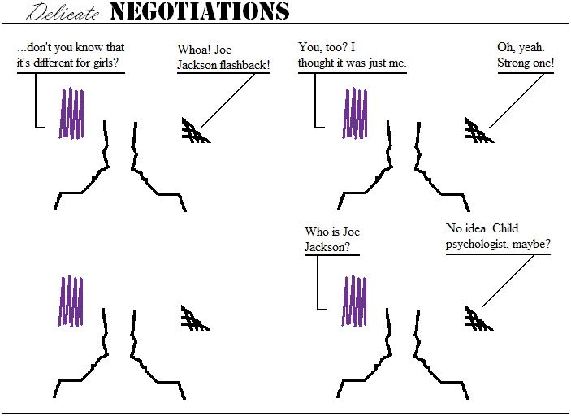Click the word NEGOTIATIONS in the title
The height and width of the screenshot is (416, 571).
pos(199,11)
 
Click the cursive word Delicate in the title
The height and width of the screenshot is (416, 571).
pos(65,13)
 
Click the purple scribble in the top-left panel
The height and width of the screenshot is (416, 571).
pos(71,113)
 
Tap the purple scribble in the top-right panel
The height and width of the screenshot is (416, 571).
pos(356,113)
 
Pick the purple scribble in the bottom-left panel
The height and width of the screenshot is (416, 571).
pos(71,301)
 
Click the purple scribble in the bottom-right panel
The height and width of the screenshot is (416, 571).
pos(356,301)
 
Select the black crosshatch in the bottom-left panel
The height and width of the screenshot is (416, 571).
pos(195,318)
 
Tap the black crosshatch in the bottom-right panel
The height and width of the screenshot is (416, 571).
pos(478,318)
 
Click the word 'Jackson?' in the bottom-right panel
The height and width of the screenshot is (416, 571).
pos(328,247)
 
